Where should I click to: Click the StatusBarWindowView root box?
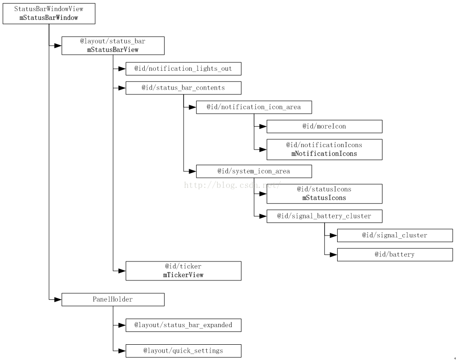point(49,13)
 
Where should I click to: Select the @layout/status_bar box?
point(113,45)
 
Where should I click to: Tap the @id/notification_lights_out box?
point(183,68)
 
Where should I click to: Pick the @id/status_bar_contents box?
point(183,88)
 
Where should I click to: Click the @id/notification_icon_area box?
point(254,107)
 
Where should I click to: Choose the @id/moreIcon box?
point(324,126)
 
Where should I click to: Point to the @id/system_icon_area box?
point(254,171)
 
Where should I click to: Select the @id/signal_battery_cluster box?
point(324,216)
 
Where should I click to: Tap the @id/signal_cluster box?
point(395,236)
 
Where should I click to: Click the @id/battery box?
point(395,254)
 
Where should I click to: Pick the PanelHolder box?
point(113,299)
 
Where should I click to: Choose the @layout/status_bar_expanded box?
point(183,325)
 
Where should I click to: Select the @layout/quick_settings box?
point(183,351)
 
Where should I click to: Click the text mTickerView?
point(183,275)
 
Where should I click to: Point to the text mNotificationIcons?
point(324,154)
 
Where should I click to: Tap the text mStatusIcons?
point(324,198)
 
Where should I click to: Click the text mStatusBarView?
point(113,50)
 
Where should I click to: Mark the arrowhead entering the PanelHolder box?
point(58,299)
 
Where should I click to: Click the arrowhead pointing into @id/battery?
point(333,254)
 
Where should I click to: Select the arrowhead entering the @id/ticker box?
point(122,271)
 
